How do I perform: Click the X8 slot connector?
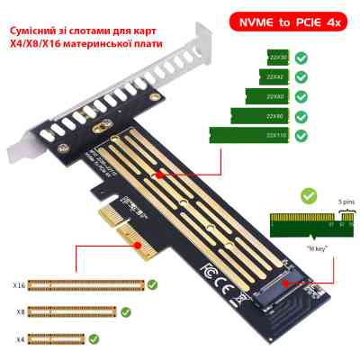click(x=73, y=312)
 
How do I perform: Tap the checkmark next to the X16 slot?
click(x=153, y=285)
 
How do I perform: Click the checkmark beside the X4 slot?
click(x=94, y=339)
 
